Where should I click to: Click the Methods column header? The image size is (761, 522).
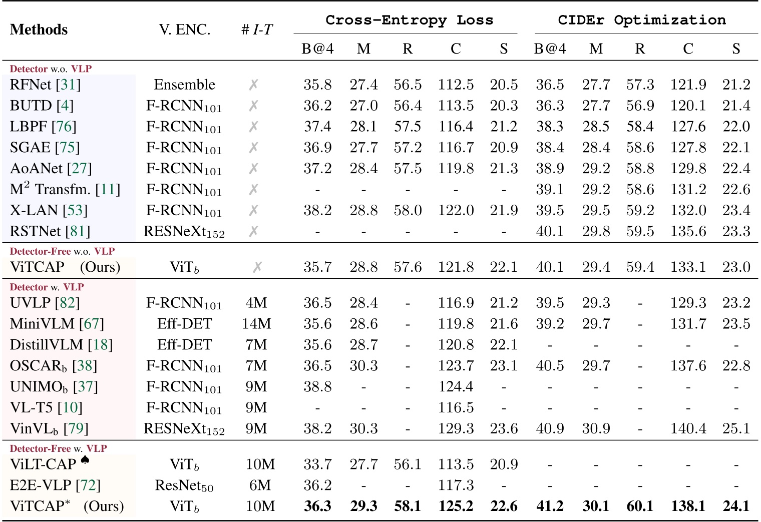point(39,30)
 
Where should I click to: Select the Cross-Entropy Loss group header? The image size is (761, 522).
point(409,20)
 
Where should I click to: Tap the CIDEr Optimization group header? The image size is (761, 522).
point(642,20)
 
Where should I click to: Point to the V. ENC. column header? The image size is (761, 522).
point(185,30)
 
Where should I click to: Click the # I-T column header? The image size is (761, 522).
point(257,30)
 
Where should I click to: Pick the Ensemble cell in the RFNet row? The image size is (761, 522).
point(185,85)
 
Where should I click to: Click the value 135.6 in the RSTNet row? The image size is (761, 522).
point(688,231)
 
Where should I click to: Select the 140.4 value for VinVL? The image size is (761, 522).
point(688,428)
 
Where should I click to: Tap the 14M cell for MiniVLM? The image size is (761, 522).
point(256,324)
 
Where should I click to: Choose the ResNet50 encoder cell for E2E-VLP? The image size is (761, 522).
point(185,485)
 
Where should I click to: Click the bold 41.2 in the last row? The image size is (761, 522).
point(550,506)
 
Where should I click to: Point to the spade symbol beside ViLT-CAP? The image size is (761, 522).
point(85,459)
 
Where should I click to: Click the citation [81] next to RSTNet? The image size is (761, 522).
point(78,231)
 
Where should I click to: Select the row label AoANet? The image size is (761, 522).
point(37,168)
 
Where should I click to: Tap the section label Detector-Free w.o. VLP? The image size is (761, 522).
point(62,251)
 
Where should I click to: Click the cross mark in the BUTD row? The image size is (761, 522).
point(254,106)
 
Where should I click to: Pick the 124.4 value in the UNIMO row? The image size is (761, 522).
point(456,386)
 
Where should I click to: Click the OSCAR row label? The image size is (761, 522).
point(38,366)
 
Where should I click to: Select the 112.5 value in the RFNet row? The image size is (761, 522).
point(456,85)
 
